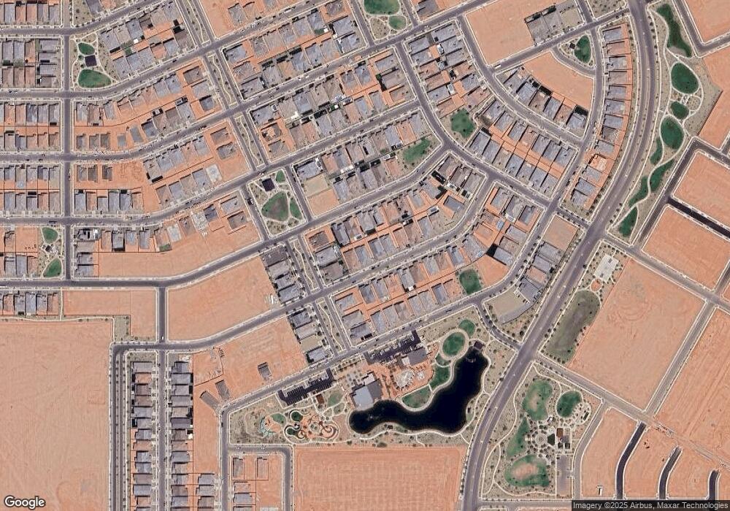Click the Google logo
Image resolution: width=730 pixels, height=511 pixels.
[25, 502]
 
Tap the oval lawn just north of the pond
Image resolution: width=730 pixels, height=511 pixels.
[453, 344]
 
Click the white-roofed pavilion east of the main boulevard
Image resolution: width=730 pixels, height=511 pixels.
[605, 268]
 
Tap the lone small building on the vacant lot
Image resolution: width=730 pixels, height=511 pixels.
[265, 371]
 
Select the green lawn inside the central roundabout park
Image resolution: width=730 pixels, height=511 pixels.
[277, 207]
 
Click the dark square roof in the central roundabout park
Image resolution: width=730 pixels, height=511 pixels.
[269, 184]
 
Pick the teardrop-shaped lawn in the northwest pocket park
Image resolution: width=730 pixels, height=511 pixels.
[93, 78]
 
